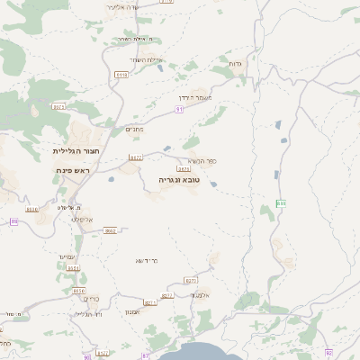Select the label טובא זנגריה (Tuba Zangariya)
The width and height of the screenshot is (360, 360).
[x=180, y=180]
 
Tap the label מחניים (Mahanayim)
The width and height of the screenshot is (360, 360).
[x=134, y=129]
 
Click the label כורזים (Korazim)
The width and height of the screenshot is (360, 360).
[x=92, y=299]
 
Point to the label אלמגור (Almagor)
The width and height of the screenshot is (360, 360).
[x=200, y=294]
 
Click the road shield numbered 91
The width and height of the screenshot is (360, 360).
[x=180, y=109]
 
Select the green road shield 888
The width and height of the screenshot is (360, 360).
[x=281, y=203]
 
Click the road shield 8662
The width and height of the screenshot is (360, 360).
[x=110, y=230]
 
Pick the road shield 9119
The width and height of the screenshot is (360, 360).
[x=122, y=76]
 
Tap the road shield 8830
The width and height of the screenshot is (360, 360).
[x=32, y=209]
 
